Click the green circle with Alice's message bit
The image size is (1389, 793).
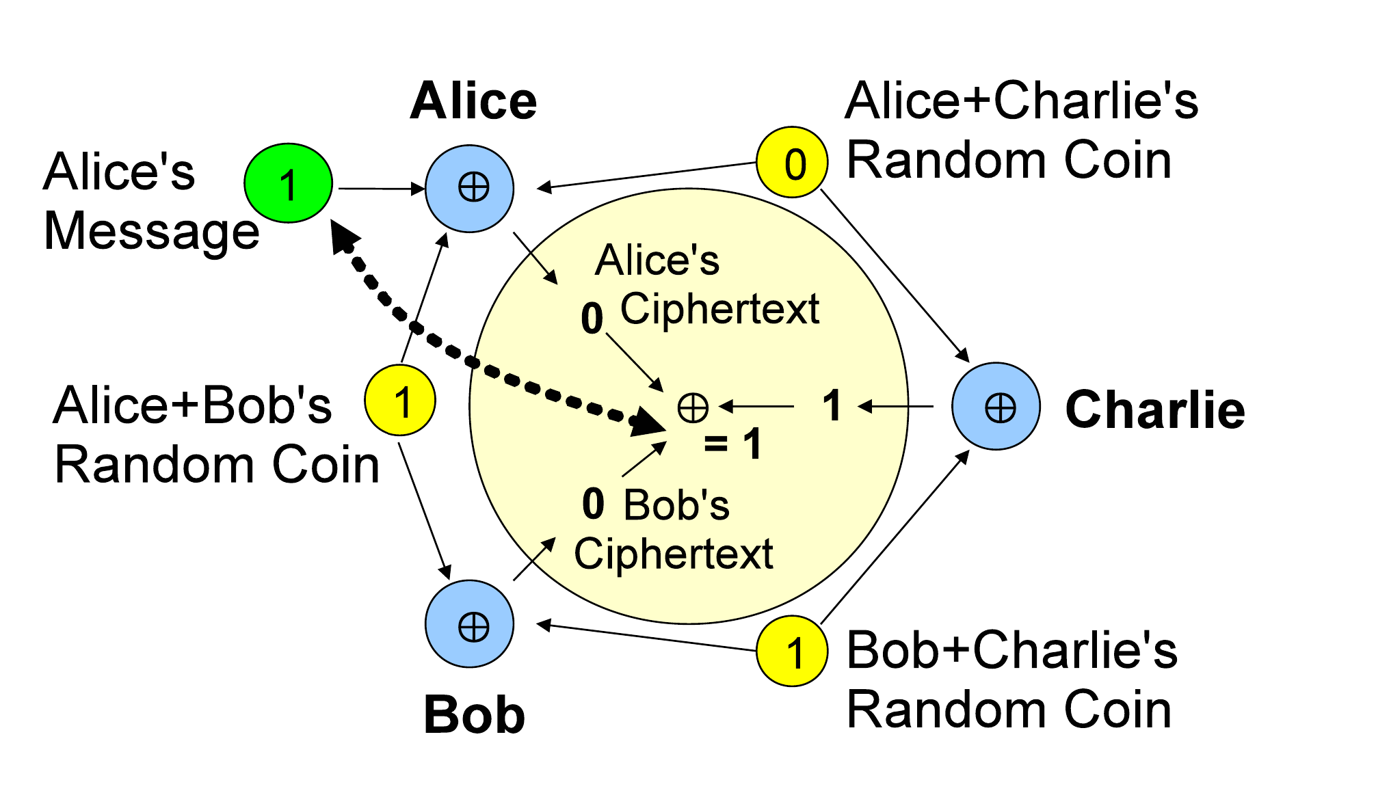289,183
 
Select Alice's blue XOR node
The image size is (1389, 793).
469,188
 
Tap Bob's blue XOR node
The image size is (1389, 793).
469,624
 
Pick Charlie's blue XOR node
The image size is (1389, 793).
996,407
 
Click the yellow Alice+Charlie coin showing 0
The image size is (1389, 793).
792,163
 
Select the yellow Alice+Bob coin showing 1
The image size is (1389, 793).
400,401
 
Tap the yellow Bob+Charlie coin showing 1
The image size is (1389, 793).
792,651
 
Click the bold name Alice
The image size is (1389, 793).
473,101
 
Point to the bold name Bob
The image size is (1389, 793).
474,715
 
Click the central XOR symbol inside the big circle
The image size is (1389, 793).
693,407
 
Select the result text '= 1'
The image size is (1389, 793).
733,444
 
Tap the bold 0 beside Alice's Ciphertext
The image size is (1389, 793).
592,319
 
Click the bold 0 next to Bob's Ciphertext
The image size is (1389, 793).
593,503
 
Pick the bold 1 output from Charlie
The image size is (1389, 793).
832,405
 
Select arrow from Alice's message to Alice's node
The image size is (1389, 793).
380,188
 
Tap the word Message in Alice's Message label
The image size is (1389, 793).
151,231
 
